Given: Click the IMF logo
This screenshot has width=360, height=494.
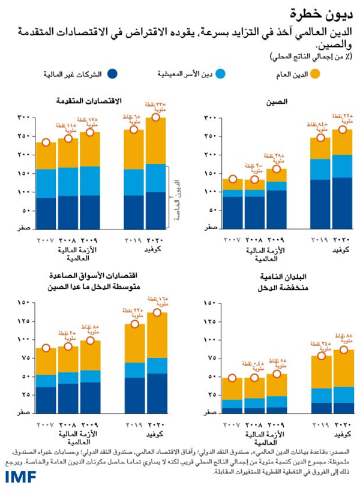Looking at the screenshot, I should click(20, 477).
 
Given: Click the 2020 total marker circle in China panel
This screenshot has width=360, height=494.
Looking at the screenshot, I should click(343, 129).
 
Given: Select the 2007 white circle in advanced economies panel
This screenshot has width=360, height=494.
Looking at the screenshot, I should click(46, 143).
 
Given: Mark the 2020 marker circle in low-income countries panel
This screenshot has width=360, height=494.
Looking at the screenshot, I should click(343, 350).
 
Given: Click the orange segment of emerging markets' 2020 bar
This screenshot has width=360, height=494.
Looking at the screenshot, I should click(157, 335).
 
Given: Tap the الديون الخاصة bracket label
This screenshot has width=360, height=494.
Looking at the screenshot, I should click(178, 201).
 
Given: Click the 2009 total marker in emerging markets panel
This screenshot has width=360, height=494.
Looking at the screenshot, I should click(90, 341).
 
